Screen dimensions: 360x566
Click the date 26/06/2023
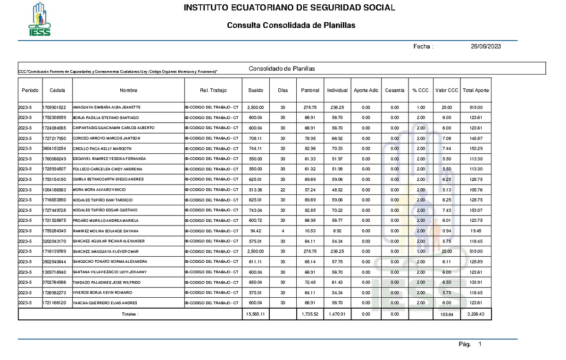[x=485, y=46]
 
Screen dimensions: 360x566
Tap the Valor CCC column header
[x=446, y=90]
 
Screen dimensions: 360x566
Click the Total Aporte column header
[x=475, y=90]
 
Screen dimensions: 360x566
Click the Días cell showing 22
[x=283, y=190]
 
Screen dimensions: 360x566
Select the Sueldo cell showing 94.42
[x=256, y=231]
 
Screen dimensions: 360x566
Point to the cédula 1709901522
[x=57, y=108]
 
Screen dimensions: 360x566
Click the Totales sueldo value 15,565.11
[x=256, y=313]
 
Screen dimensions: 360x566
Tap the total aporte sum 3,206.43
[x=475, y=313]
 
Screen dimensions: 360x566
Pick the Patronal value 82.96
[x=309, y=149]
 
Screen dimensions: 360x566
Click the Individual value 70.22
[x=337, y=210]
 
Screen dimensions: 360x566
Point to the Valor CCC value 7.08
[x=446, y=138]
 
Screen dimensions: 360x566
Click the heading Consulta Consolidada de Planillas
[x=291, y=25]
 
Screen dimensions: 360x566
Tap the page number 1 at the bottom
[x=480, y=345]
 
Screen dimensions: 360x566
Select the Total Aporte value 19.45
[x=475, y=231]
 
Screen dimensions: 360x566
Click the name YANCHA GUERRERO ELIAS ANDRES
[x=104, y=302]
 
